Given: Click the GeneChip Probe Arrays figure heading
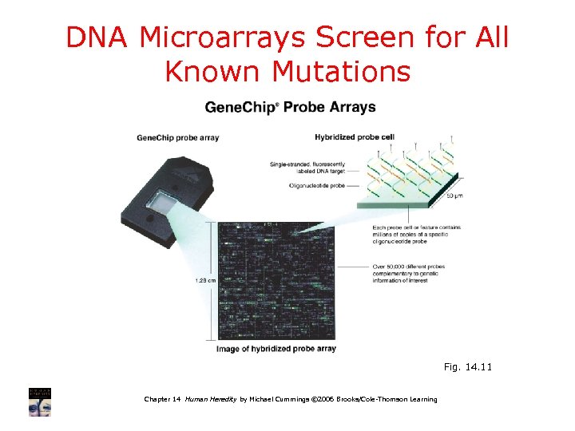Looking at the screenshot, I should (290, 107).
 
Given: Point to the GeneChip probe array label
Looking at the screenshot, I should (177, 137).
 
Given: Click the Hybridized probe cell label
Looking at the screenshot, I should (355, 136).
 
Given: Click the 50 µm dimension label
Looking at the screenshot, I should (454, 196).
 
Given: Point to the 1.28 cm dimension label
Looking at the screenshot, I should (205, 280).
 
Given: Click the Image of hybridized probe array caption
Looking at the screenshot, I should (276, 349).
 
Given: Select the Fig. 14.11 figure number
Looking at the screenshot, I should (469, 368).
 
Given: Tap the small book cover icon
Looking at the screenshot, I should (41, 401).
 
